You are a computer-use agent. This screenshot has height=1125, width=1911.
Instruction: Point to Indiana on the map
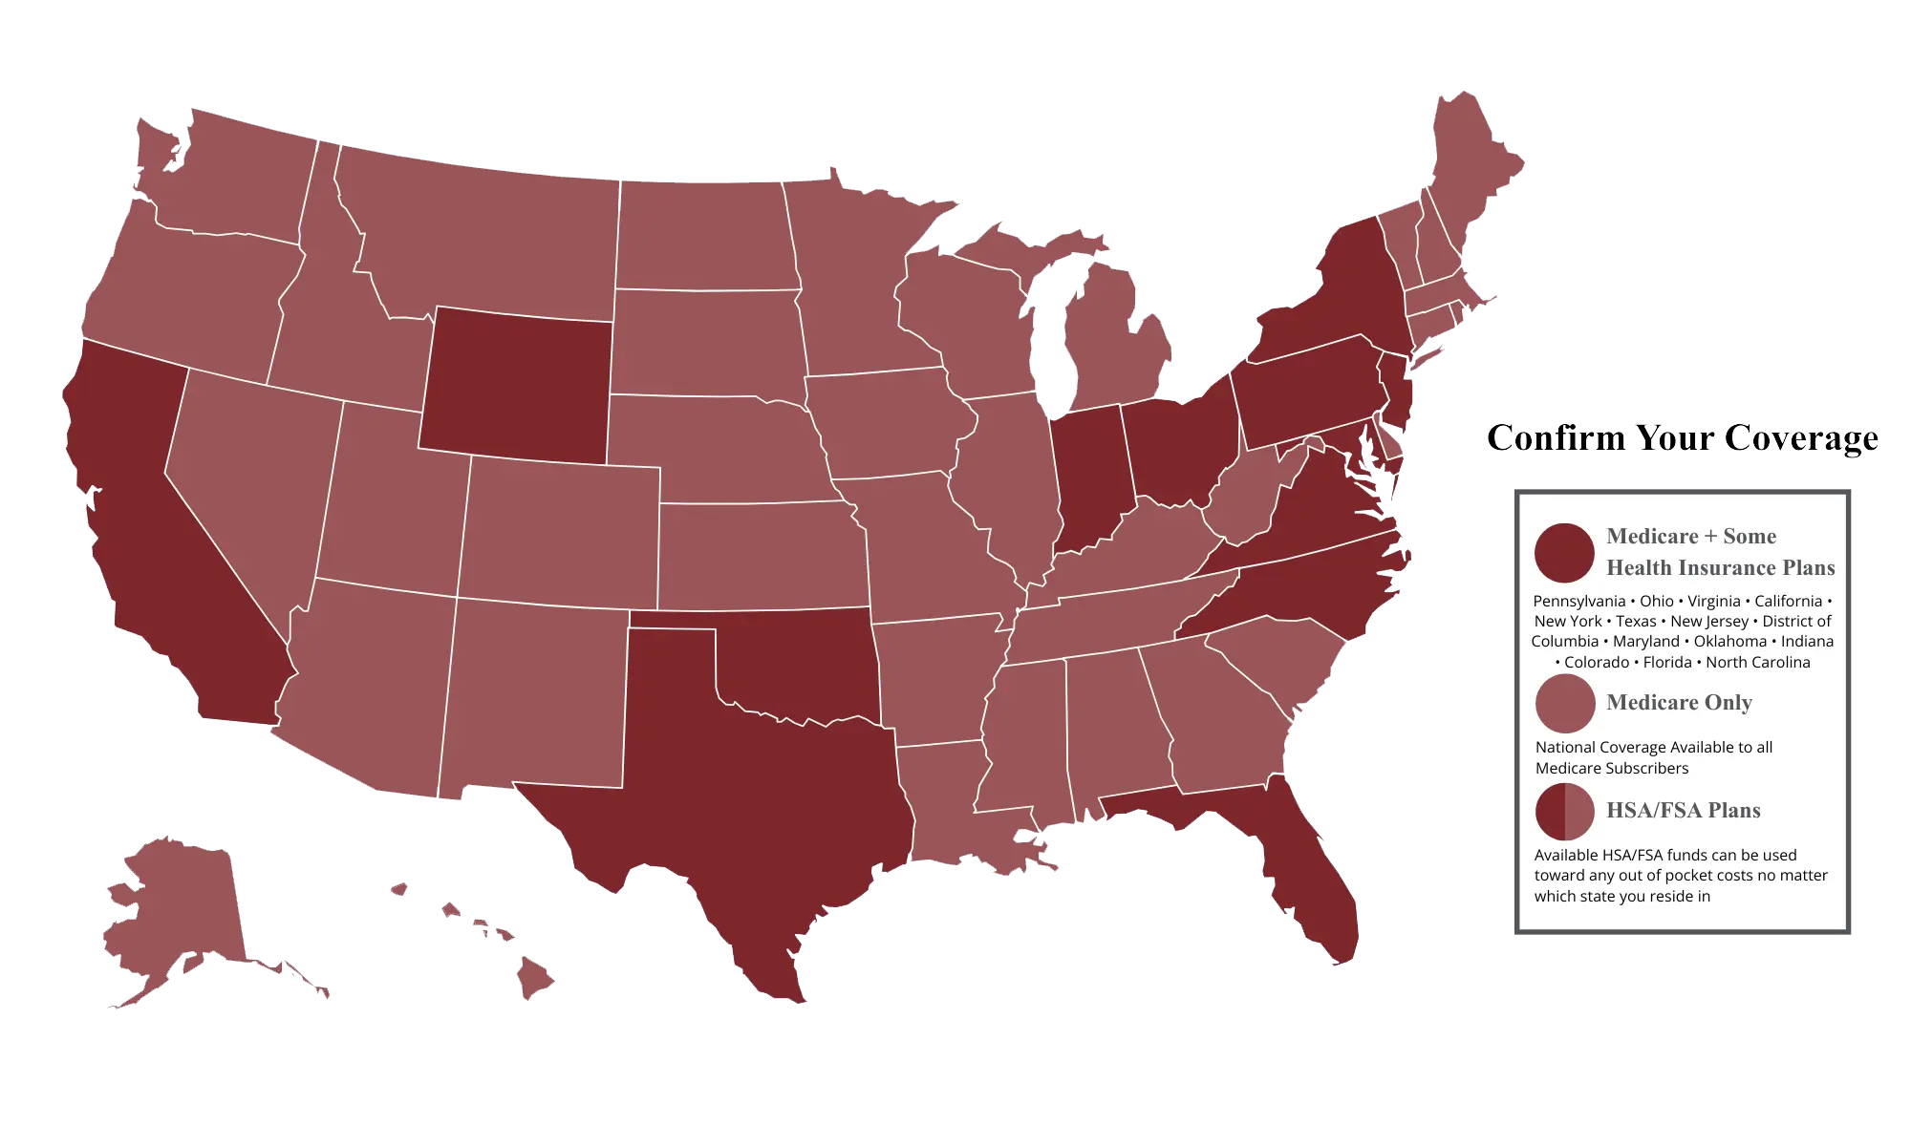click(x=1089, y=478)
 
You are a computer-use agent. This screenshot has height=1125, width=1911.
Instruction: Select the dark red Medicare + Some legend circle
click(x=1564, y=553)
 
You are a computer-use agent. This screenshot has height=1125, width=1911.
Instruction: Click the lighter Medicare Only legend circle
click(x=1564, y=704)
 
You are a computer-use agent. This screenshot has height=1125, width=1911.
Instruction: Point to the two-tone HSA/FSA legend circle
click(x=1564, y=812)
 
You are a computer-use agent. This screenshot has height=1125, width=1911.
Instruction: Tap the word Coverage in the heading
click(x=1801, y=438)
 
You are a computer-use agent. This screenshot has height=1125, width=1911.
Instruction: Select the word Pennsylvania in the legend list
click(x=1578, y=602)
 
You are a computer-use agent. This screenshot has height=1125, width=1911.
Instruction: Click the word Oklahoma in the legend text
click(x=1730, y=642)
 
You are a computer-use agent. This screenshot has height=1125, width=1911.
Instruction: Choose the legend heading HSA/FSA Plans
click(x=1683, y=811)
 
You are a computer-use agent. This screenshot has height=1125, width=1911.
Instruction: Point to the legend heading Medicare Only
click(x=1679, y=703)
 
